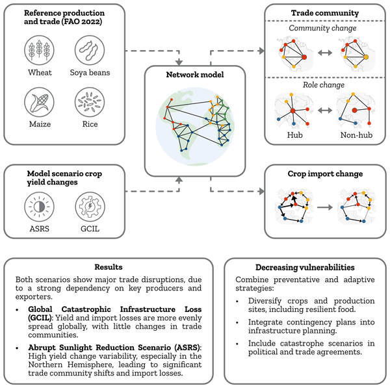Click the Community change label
pos(323,28)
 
